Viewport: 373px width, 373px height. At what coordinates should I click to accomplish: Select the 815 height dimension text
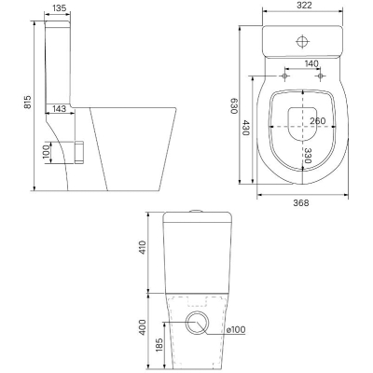[28, 102]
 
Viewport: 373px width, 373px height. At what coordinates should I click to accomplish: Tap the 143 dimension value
[59, 108]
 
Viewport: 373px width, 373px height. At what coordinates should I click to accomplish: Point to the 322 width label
[303, 6]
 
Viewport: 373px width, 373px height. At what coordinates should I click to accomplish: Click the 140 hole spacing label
[311, 63]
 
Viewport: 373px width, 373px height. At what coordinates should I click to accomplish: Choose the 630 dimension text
[234, 106]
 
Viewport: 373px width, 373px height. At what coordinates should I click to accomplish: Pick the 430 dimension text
[245, 128]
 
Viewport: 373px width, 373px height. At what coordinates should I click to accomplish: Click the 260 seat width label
[318, 121]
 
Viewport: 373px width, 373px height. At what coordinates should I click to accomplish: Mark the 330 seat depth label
[308, 156]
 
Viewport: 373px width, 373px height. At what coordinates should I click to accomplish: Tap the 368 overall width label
[301, 203]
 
